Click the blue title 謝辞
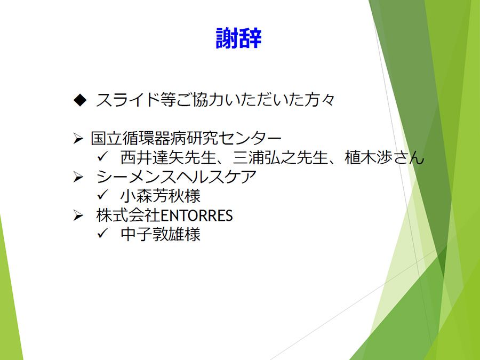pyautogui.click(x=238, y=38)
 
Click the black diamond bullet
pyautogui.click(x=80, y=100)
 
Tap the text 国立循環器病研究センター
pyautogui.click(x=186, y=138)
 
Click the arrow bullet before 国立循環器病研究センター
pyautogui.click(x=78, y=139)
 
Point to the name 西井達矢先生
pyautogui.click(x=169, y=157)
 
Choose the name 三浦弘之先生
pyautogui.click(x=281, y=157)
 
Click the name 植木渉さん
pyautogui.click(x=385, y=157)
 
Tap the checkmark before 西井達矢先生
pyautogui.click(x=102, y=157)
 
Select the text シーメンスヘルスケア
pyautogui.click(x=176, y=177)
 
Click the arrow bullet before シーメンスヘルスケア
pyautogui.click(x=78, y=177)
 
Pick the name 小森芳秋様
pyautogui.click(x=161, y=196)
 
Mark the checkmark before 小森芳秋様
pyautogui.click(x=102, y=195)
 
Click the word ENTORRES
pyautogui.click(x=196, y=215)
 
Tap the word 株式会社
pyautogui.click(x=128, y=215)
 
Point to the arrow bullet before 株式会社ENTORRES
pyautogui.click(x=78, y=216)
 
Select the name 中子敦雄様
pyautogui.click(x=161, y=235)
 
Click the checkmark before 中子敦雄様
pyautogui.click(x=102, y=234)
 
